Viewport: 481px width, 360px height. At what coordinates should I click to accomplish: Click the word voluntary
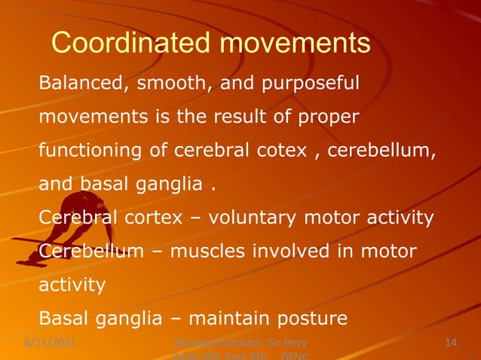coord(252,218)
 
